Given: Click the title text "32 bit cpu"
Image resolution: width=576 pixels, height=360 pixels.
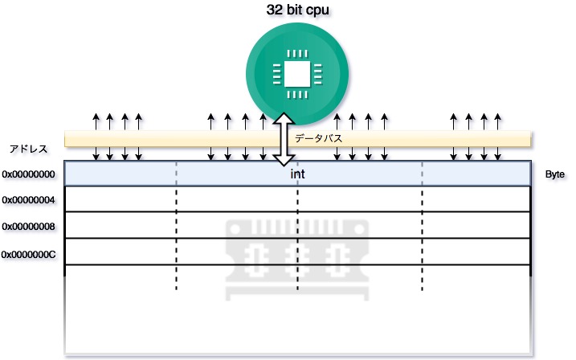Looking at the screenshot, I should click(x=296, y=12).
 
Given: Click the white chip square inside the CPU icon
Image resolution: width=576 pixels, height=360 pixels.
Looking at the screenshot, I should click(x=296, y=75).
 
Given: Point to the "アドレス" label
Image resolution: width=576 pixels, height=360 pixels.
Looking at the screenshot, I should click(x=28, y=149).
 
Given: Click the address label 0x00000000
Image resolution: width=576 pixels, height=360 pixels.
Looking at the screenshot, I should click(x=29, y=174).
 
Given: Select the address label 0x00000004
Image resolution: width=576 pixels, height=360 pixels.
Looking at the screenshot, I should click(x=29, y=200).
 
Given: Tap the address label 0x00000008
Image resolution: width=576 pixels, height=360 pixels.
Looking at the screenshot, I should click(x=29, y=227).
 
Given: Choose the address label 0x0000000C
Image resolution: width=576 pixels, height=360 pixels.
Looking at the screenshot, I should click(x=29, y=254).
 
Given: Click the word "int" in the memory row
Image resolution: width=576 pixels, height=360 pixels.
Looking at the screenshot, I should click(x=297, y=174).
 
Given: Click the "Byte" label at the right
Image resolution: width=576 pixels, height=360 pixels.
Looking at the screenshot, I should click(x=555, y=174).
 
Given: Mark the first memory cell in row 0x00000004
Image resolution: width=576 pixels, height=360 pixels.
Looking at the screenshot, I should click(x=120, y=199).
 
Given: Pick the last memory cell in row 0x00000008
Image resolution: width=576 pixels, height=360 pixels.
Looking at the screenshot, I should click(x=476, y=225).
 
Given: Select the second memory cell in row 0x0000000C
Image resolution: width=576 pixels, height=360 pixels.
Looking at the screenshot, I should click(x=237, y=252).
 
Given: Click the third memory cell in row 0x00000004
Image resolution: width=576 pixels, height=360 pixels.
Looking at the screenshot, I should click(x=360, y=199).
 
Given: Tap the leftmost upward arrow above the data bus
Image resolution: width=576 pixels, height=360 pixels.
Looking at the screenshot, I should click(x=96, y=122).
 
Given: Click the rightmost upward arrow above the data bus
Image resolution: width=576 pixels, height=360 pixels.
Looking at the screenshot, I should click(x=498, y=122).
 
